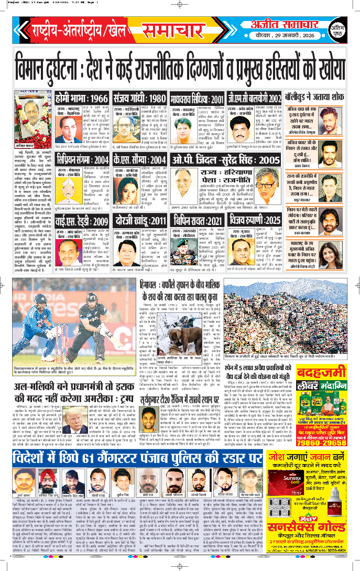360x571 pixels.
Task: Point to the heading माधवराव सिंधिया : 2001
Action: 212,98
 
